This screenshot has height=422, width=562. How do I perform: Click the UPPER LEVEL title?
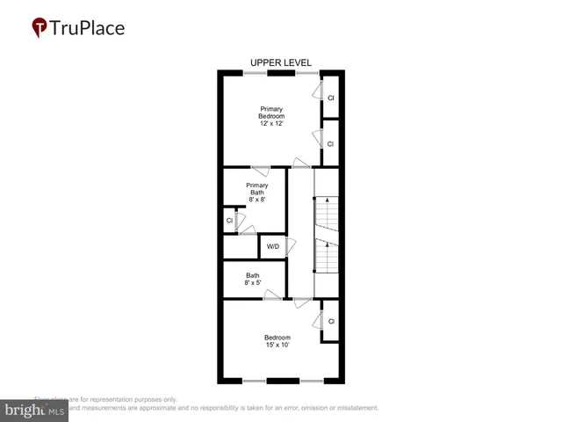tap(280, 62)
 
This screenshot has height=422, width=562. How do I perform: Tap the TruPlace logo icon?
tap(40, 28)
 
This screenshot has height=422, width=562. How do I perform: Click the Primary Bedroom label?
tap(271, 113)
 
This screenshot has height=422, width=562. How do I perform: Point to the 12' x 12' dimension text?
tap(271, 125)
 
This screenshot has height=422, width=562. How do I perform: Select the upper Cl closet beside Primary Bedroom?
tap(331, 98)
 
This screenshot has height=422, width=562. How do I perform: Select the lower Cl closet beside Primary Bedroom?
tap(331, 143)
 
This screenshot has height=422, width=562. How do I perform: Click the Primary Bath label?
tap(256, 189)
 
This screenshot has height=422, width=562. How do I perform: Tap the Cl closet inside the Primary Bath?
tap(229, 221)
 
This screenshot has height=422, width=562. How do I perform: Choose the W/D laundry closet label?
tap(272, 246)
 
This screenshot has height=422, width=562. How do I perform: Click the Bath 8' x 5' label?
tap(252, 279)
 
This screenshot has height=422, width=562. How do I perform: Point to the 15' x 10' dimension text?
tap(277, 345)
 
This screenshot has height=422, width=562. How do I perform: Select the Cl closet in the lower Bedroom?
tap(331, 322)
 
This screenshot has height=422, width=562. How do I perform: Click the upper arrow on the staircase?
tap(327, 201)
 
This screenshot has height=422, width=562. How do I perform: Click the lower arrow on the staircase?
tap(327, 244)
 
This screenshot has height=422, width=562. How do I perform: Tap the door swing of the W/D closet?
tap(289, 246)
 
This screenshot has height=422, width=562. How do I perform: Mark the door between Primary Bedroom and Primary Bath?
tap(260, 169)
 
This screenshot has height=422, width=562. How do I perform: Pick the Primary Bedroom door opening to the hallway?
tap(301, 163)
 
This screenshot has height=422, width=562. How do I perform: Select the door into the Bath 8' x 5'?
tap(272, 295)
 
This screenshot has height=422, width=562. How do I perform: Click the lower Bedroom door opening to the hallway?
tap(301, 302)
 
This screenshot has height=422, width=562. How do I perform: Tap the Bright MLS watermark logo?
tap(35, 410)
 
